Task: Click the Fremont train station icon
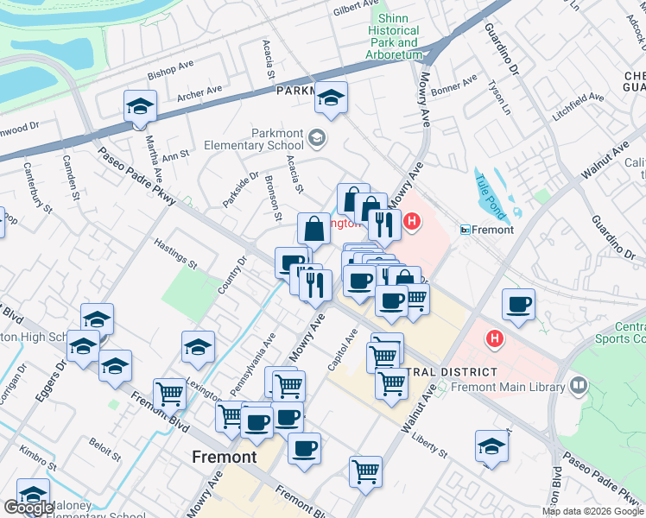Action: pos(465,230)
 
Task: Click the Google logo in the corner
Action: pos(29,508)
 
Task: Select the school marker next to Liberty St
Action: pos(491,446)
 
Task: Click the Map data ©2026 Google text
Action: pos(592,511)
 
